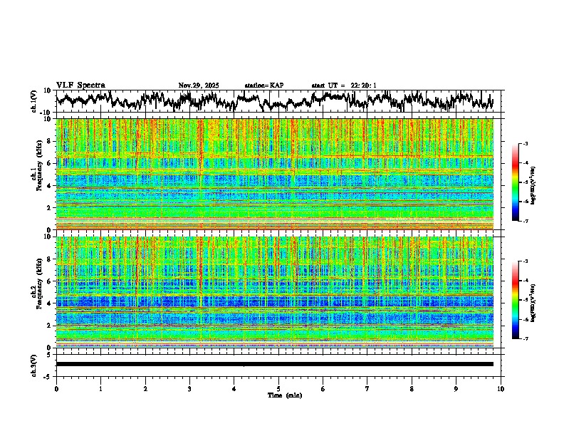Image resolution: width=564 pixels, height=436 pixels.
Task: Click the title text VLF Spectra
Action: click(80, 85)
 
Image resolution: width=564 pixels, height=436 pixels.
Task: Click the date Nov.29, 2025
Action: click(199, 85)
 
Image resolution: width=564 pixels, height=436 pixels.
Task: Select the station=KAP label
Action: click(264, 85)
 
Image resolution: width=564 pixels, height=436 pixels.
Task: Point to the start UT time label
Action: click(344, 85)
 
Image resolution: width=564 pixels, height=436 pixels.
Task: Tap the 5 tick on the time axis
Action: click(278, 389)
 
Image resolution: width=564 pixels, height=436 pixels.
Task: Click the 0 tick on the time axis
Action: click(56, 389)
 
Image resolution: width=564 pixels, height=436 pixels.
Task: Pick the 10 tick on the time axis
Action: click(501, 389)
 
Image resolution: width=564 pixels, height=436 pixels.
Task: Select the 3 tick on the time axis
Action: click(189, 389)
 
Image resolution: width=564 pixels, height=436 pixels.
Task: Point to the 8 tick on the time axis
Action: click(412, 389)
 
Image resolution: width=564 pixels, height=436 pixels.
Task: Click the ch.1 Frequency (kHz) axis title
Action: click(35, 175)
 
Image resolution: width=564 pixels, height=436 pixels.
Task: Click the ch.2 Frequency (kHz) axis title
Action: click(35, 292)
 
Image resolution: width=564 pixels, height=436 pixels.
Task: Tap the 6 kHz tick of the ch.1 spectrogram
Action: click(50, 163)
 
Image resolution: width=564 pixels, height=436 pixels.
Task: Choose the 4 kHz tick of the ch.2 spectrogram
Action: click(50, 303)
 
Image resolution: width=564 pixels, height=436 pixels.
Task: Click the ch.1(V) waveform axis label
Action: click(35, 100)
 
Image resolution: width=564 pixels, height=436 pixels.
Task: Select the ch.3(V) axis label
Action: click(35, 364)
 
